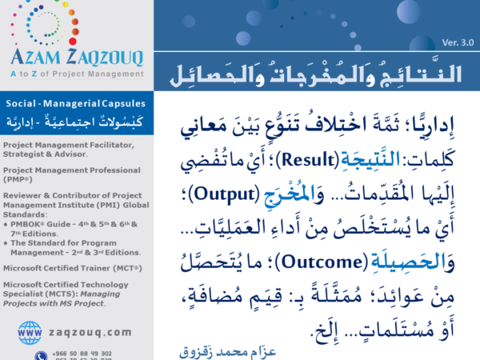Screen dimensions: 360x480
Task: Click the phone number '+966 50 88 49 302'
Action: pos(84,352)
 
